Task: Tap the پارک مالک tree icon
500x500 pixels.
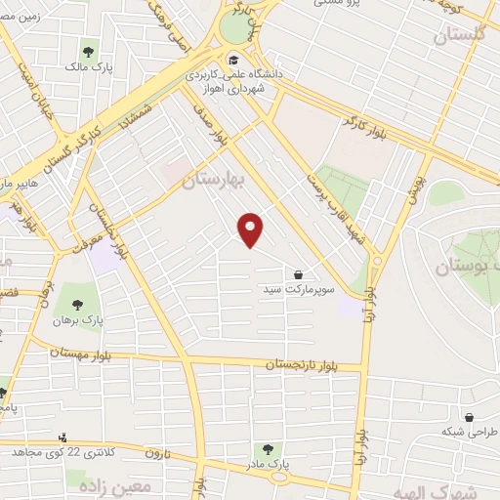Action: click(89, 51)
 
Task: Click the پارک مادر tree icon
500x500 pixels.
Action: click(268, 448)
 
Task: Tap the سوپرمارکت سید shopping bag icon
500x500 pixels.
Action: click(297, 274)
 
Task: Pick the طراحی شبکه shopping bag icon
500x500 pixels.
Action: click(470, 417)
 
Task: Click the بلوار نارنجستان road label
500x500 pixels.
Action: click(314, 364)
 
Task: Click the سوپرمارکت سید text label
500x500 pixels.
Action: click(298, 290)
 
